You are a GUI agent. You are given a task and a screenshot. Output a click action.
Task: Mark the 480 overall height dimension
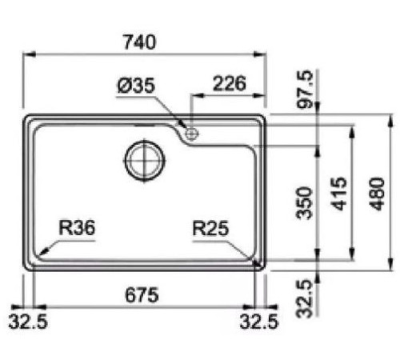(378, 192)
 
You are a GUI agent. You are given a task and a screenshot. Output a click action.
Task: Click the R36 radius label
(77, 228)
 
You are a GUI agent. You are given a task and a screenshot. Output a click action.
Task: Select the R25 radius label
(210, 228)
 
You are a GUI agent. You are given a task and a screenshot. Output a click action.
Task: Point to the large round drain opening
(144, 159)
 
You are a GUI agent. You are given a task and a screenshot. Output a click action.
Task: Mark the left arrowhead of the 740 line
(25, 54)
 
